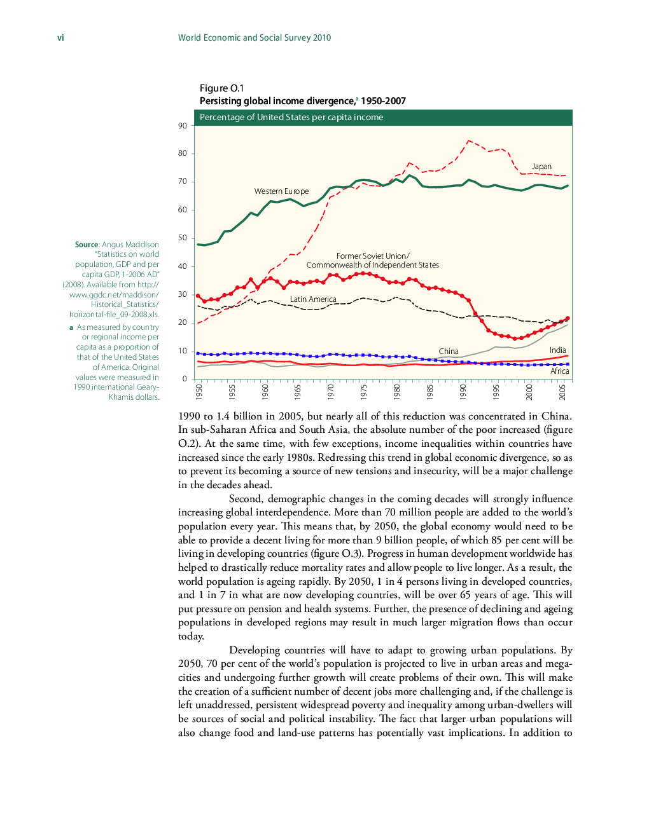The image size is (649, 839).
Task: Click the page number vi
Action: [60, 38]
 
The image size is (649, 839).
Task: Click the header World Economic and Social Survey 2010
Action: [254, 38]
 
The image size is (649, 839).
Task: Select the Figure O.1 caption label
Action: [221, 88]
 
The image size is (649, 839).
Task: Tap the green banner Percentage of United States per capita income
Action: [291, 118]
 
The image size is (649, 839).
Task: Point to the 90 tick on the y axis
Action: [183, 126]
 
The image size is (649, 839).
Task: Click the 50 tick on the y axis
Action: [183, 238]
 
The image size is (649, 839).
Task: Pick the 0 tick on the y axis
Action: [185, 379]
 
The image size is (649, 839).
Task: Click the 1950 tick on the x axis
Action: [199, 392]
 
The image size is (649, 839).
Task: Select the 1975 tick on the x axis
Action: [364, 392]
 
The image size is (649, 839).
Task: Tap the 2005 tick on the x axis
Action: [562, 392]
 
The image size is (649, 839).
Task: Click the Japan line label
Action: [541, 167]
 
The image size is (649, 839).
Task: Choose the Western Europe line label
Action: [281, 191]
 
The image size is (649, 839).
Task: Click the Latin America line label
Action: [313, 299]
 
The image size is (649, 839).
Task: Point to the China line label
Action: [449, 351]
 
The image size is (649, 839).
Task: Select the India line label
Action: [557, 350]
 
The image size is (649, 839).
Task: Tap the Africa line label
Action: [560, 371]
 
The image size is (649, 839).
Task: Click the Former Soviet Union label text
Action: [373, 256]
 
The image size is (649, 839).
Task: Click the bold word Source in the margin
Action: [87, 245]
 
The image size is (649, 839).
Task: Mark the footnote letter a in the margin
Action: [71, 328]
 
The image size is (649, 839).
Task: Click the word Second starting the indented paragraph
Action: [245, 499]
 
